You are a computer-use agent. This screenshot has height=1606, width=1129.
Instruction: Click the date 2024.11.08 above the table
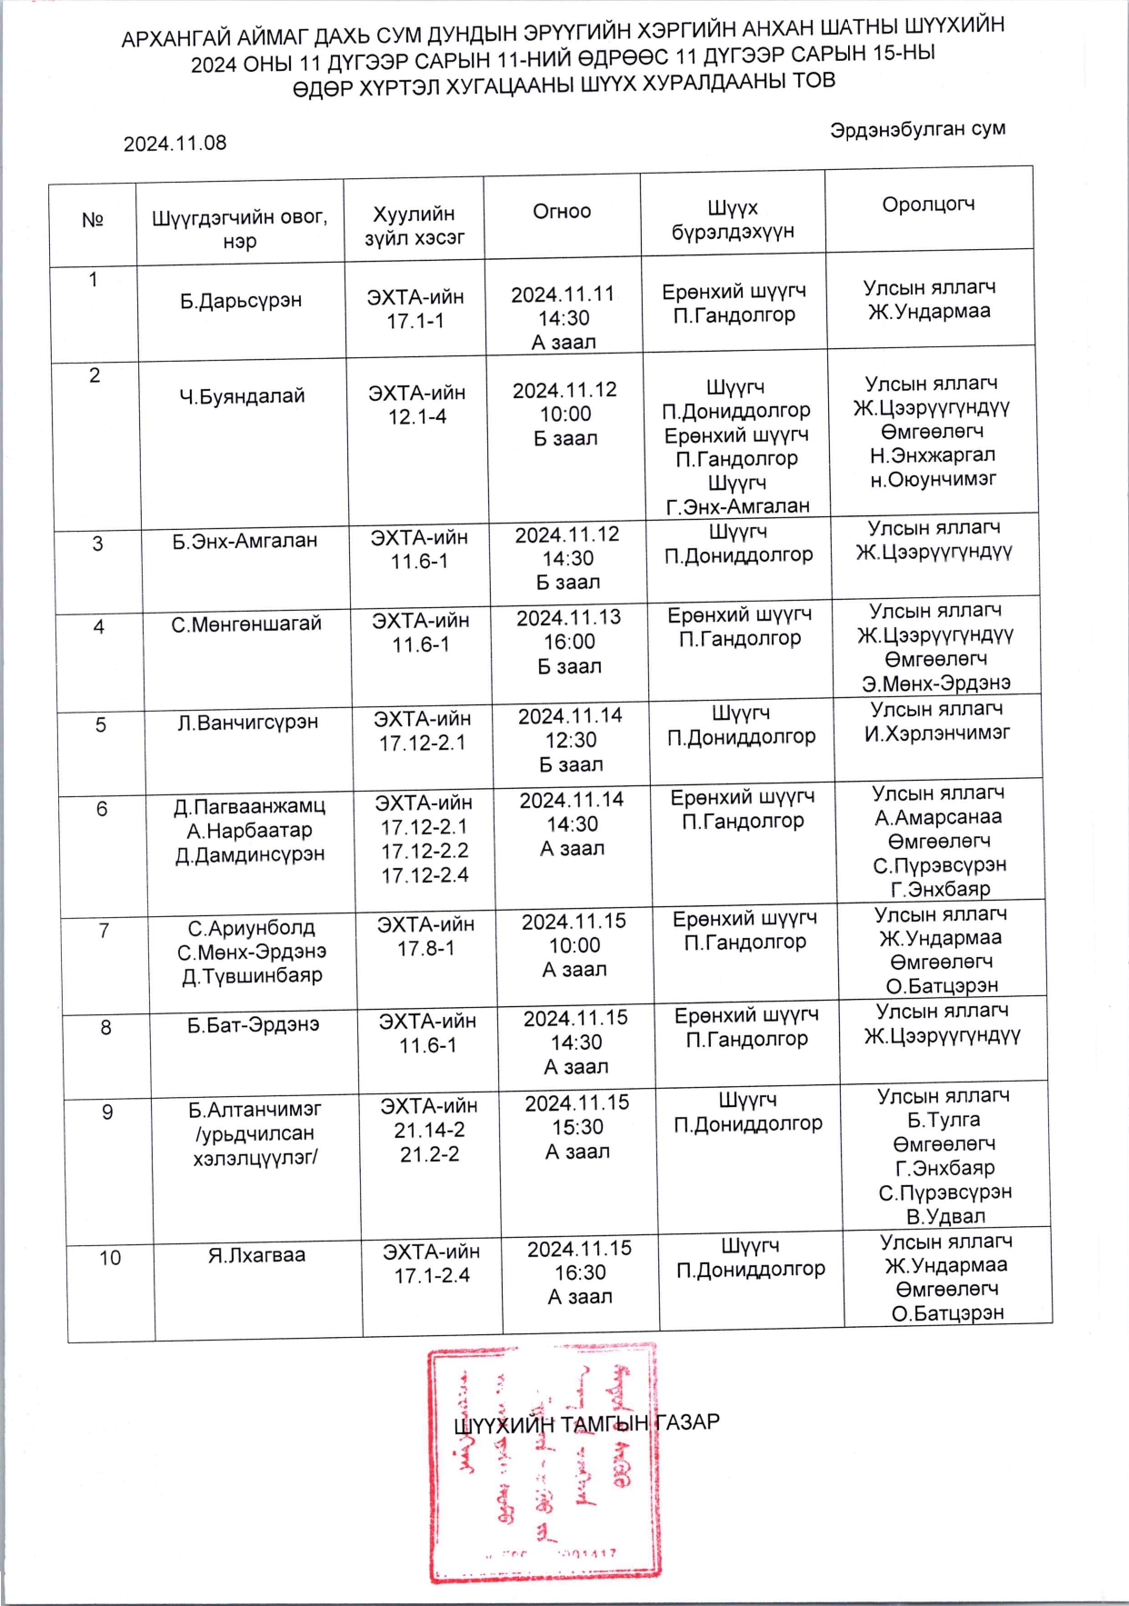click(x=175, y=144)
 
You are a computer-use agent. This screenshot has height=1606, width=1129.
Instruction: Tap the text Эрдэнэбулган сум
click(x=916, y=130)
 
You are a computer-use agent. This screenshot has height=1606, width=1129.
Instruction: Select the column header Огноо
click(x=562, y=212)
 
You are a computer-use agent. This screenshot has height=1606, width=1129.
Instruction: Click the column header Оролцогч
click(x=928, y=204)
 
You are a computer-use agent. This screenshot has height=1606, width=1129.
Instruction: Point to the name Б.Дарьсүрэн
click(x=241, y=301)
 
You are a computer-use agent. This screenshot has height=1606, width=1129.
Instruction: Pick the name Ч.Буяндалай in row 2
click(x=242, y=396)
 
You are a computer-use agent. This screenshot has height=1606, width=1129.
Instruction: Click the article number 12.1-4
click(x=417, y=417)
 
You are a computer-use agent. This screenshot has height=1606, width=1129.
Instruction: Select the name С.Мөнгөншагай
click(x=246, y=624)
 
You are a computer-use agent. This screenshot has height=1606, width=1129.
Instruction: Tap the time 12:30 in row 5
click(x=571, y=741)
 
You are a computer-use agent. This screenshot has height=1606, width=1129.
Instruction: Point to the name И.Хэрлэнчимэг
click(x=937, y=733)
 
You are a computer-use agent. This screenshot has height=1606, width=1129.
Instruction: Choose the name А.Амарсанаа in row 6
click(x=938, y=817)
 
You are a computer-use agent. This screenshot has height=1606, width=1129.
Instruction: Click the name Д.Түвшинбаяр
click(x=252, y=976)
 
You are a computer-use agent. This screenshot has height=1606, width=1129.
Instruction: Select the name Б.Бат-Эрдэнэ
click(x=254, y=1025)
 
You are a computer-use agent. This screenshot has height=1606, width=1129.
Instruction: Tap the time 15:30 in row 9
click(x=577, y=1128)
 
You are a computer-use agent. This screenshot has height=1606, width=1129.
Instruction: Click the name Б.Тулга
click(x=944, y=1120)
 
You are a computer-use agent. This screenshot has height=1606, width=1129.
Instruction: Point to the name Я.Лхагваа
click(x=257, y=1255)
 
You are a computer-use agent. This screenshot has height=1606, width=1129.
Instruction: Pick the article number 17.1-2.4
click(x=432, y=1276)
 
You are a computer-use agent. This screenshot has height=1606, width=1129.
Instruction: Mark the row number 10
click(x=110, y=1259)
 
